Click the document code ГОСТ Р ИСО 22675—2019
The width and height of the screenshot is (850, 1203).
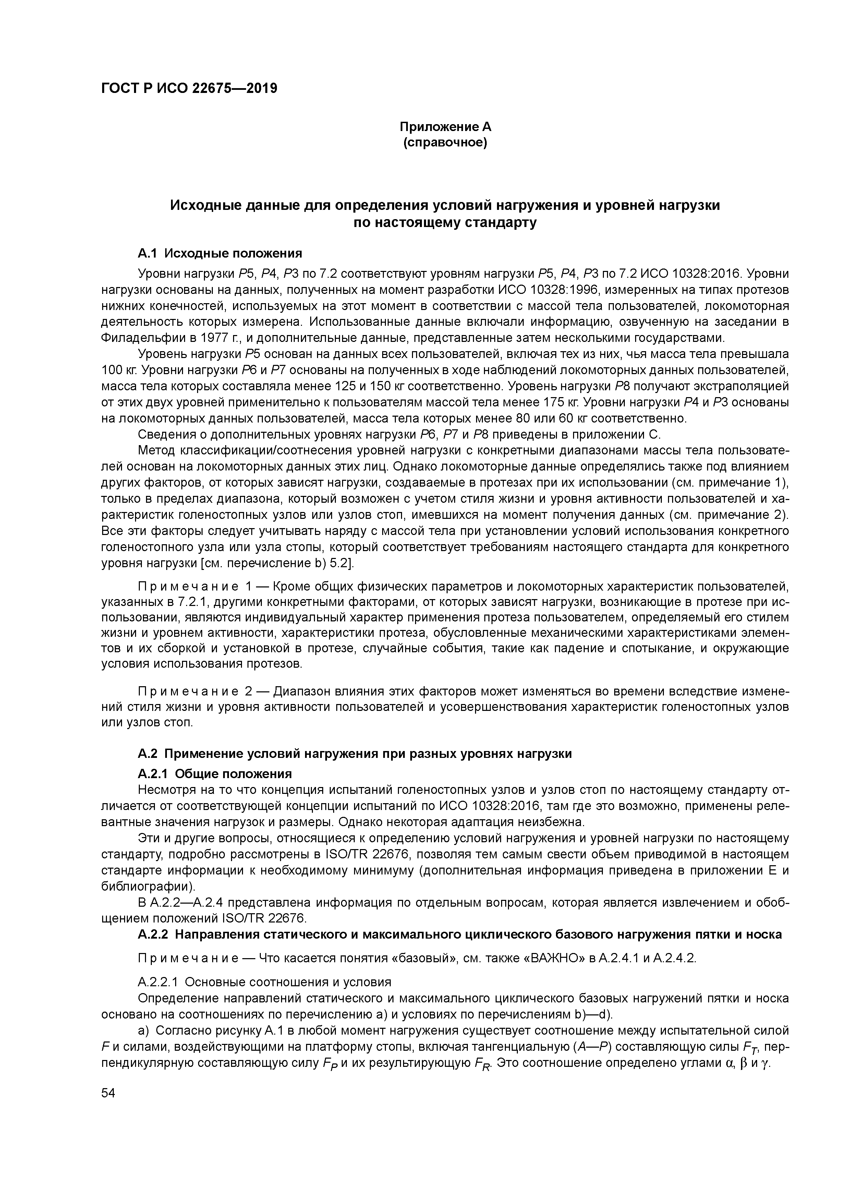(189, 88)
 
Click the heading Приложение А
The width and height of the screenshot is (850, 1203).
(445, 127)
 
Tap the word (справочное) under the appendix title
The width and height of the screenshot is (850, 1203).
(445, 143)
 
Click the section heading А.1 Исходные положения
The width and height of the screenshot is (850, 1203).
(220, 253)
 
